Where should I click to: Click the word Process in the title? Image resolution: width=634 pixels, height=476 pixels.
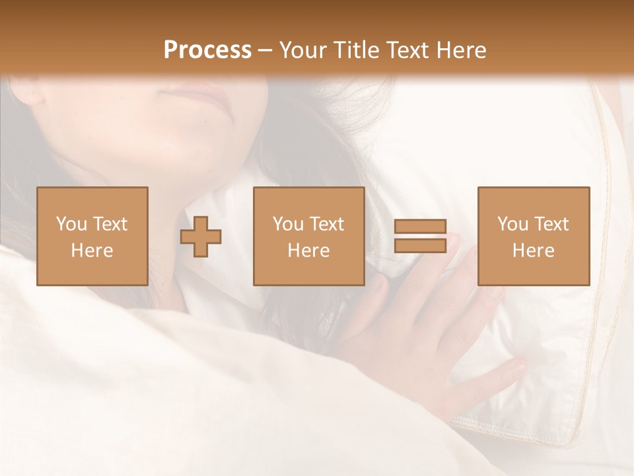tap(207, 50)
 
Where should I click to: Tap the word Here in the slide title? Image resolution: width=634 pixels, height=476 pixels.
tap(462, 50)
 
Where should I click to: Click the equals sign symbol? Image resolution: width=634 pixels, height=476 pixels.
tap(420, 236)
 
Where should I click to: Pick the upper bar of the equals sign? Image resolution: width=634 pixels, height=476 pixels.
tap(420, 227)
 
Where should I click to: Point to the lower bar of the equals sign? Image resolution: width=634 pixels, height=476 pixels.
tap(420, 245)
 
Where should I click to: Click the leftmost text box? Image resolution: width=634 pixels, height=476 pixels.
tap(92, 236)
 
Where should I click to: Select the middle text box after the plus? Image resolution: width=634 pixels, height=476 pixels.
tap(309, 236)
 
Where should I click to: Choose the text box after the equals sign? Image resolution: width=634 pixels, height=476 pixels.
tap(534, 236)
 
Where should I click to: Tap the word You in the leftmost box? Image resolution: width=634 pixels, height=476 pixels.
tap(71, 224)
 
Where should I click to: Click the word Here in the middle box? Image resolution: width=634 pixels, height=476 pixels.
tap(309, 251)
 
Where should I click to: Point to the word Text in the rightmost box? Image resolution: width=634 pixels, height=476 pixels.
tap(551, 224)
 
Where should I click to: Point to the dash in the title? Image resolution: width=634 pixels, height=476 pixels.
tap(265, 50)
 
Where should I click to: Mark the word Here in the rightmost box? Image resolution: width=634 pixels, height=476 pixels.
tap(534, 251)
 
